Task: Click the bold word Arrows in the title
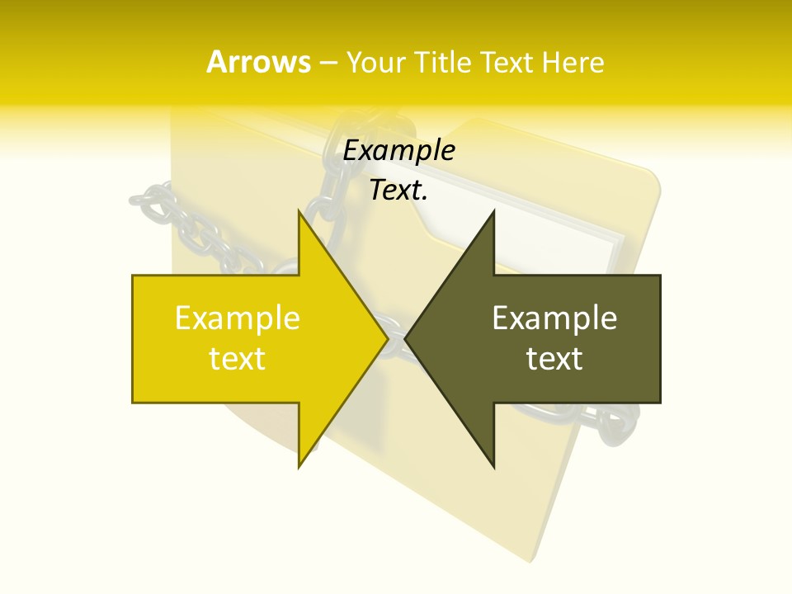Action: (x=258, y=62)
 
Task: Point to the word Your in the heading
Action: (x=375, y=63)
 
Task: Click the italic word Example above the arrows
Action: (x=398, y=151)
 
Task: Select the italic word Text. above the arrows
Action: (x=398, y=191)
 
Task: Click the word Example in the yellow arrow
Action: (x=237, y=318)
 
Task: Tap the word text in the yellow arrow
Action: (x=237, y=358)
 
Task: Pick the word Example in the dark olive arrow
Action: (x=554, y=318)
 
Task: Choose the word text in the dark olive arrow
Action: (x=554, y=358)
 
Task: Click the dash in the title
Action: (x=328, y=63)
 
